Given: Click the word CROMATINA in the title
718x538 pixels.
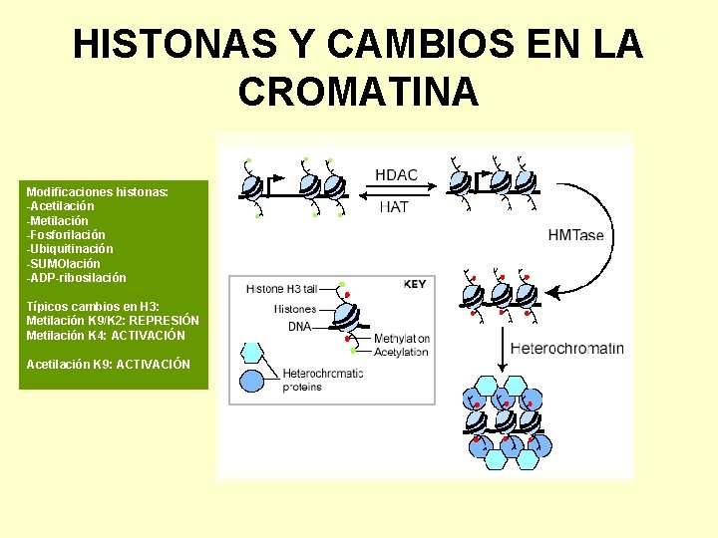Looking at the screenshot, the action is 359,92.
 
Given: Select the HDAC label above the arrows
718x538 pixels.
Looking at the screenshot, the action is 396,174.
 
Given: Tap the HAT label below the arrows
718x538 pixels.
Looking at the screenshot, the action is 394,207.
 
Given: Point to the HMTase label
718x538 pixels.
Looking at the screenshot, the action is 576,235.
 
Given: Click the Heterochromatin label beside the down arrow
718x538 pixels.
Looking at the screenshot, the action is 566,349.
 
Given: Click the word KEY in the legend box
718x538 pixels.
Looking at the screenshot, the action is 415,284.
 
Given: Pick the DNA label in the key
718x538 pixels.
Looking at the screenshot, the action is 299,326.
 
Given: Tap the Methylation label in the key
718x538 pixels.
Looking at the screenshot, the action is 401,339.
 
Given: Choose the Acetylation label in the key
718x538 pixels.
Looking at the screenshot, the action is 401,352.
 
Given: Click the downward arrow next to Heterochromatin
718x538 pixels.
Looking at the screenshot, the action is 501,349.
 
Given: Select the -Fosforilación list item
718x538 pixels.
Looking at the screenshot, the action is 66,234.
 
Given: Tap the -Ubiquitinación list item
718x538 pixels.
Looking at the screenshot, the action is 70,249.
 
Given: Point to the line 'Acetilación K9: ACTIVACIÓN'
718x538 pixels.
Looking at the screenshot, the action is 108,365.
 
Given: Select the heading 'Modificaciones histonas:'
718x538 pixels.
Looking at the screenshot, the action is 97,191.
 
